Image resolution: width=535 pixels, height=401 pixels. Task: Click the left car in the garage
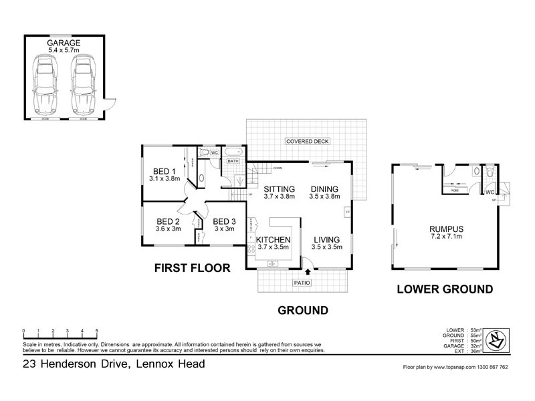45,84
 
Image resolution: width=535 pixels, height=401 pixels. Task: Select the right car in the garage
82,84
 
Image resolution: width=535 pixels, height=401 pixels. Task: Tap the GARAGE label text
64,43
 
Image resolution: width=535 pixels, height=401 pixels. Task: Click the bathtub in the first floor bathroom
233,152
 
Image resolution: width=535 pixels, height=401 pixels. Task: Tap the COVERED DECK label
307,142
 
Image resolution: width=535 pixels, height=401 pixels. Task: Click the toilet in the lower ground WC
490,172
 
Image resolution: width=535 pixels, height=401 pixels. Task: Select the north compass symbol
496,340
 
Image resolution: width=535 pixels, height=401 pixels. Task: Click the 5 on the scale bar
97,331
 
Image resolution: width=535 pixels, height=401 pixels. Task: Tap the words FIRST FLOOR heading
192,268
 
